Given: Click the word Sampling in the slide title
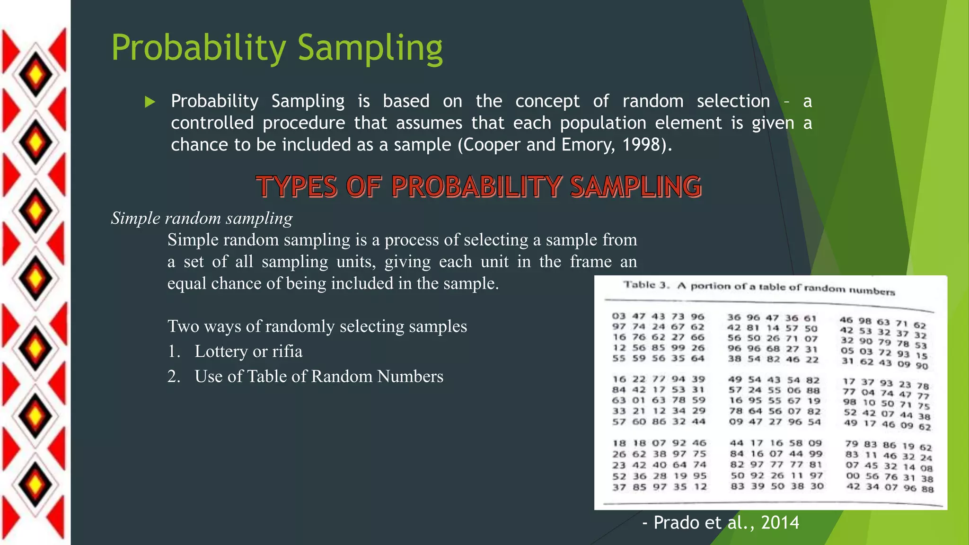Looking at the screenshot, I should pyautogui.click(x=370, y=48).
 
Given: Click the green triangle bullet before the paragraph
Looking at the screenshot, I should pyautogui.click(x=150, y=102).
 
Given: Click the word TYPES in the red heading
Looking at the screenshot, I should pyautogui.click(x=297, y=186).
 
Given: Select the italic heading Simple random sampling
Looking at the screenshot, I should pyautogui.click(x=202, y=218).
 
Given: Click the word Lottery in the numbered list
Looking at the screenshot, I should pyautogui.click(x=221, y=352).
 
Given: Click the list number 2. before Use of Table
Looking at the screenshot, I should pyautogui.click(x=174, y=377).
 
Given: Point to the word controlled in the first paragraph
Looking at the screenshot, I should pyautogui.click(x=212, y=123).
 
